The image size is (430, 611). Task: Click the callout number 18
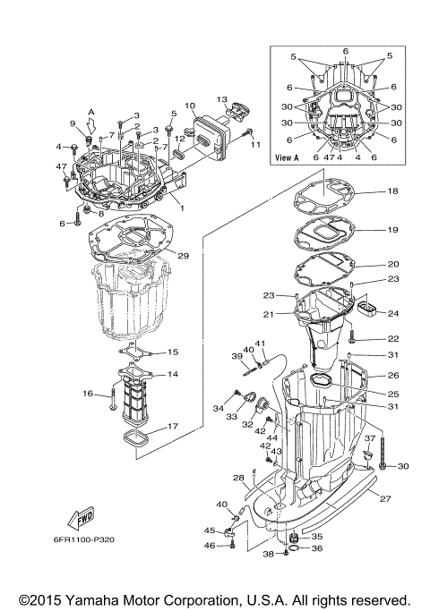(x=392, y=192)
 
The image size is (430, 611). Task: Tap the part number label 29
(x=183, y=256)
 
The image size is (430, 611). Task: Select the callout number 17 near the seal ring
(x=172, y=427)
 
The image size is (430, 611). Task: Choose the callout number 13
(x=222, y=98)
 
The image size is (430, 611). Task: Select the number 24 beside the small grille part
(x=392, y=313)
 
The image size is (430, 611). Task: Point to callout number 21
(x=268, y=314)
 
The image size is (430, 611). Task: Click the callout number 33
(x=231, y=418)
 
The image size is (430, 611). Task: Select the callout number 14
(x=173, y=375)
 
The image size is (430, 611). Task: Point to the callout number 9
(x=73, y=123)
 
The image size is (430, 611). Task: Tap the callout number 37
(x=367, y=438)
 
